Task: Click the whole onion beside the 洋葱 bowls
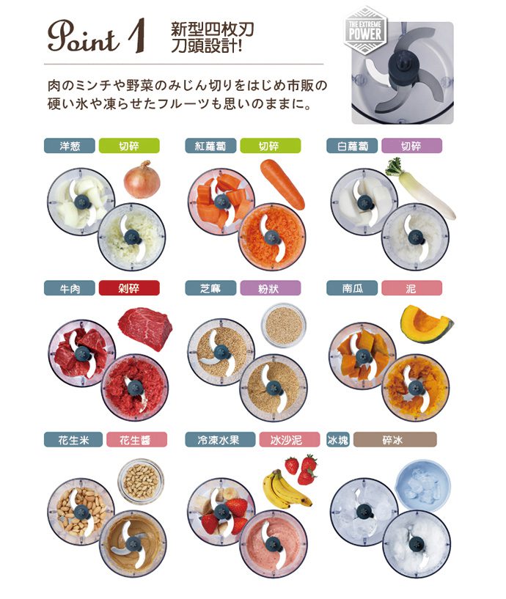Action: click(x=142, y=180)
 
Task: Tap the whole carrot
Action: click(x=282, y=184)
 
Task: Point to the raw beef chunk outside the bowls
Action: click(x=145, y=326)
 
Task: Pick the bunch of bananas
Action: click(x=285, y=488)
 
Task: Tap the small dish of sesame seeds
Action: click(x=284, y=325)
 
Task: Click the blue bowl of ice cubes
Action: click(x=422, y=486)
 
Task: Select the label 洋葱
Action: click(x=70, y=146)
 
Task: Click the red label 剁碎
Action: click(x=129, y=288)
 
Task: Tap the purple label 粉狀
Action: click(x=270, y=288)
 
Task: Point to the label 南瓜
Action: click(x=352, y=288)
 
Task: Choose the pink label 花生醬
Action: click(x=137, y=439)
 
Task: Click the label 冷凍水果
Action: click(x=220, y=439)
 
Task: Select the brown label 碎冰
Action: click(x=395, y=439)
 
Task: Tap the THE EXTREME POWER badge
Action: click(x=365, y=30)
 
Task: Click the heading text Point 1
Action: click(x=96, y=36)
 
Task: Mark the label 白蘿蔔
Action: click(x=352, y=146)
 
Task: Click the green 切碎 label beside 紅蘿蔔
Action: click(x=270, y=146)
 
